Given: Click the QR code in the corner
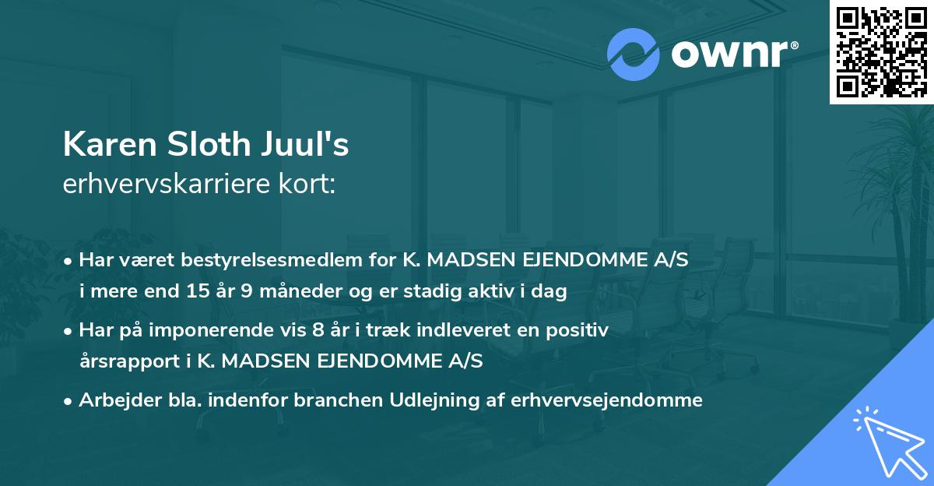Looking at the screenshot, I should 881,51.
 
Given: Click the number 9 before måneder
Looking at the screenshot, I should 251,292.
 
